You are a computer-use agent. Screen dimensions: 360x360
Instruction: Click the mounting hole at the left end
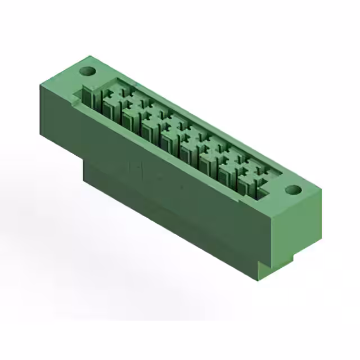pyautogui.click(x=87, y=71)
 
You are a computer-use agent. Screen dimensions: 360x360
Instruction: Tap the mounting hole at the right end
pyautogui.click(x=292, y=190)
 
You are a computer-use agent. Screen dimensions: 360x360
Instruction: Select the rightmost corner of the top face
pyautogui.click(x=321, y=190)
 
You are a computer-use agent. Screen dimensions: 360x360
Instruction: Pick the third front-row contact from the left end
pyautogui.click(x=148, y=130)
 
